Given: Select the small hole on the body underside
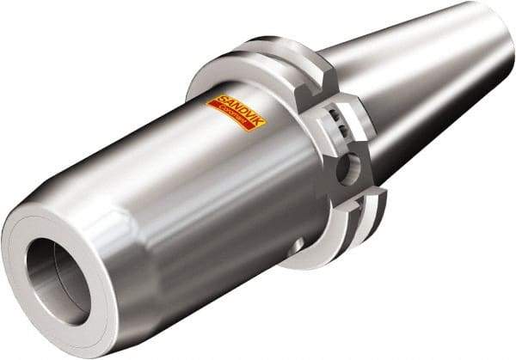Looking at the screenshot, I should click(x=297, y=247).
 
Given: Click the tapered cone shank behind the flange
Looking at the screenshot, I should click(x=413, y=95).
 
